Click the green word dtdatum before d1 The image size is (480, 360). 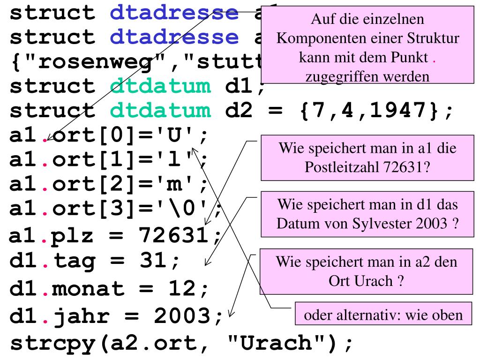161,86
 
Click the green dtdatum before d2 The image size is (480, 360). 161,111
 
